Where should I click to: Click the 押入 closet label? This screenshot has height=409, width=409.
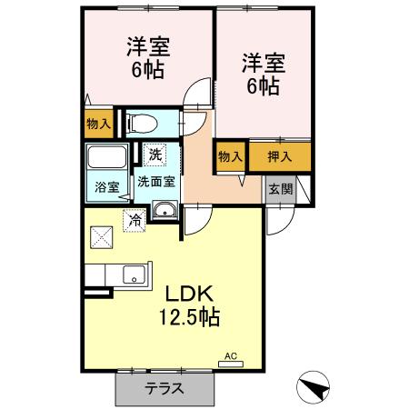point(280,156)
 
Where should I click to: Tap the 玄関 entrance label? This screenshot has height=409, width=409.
point(280,189)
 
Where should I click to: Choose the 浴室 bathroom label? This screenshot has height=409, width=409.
point(107,187)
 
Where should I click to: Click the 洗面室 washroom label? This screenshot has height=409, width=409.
point(156,181)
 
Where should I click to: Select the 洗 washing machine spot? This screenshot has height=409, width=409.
point(155,155)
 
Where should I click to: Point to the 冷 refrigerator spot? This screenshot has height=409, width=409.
point(134,219)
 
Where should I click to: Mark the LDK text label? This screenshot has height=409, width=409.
point(189,294)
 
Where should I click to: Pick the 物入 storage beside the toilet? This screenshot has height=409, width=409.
point(98,124)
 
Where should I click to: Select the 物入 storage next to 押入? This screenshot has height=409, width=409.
point(230,156)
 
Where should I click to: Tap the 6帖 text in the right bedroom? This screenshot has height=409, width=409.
point(264,86)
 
